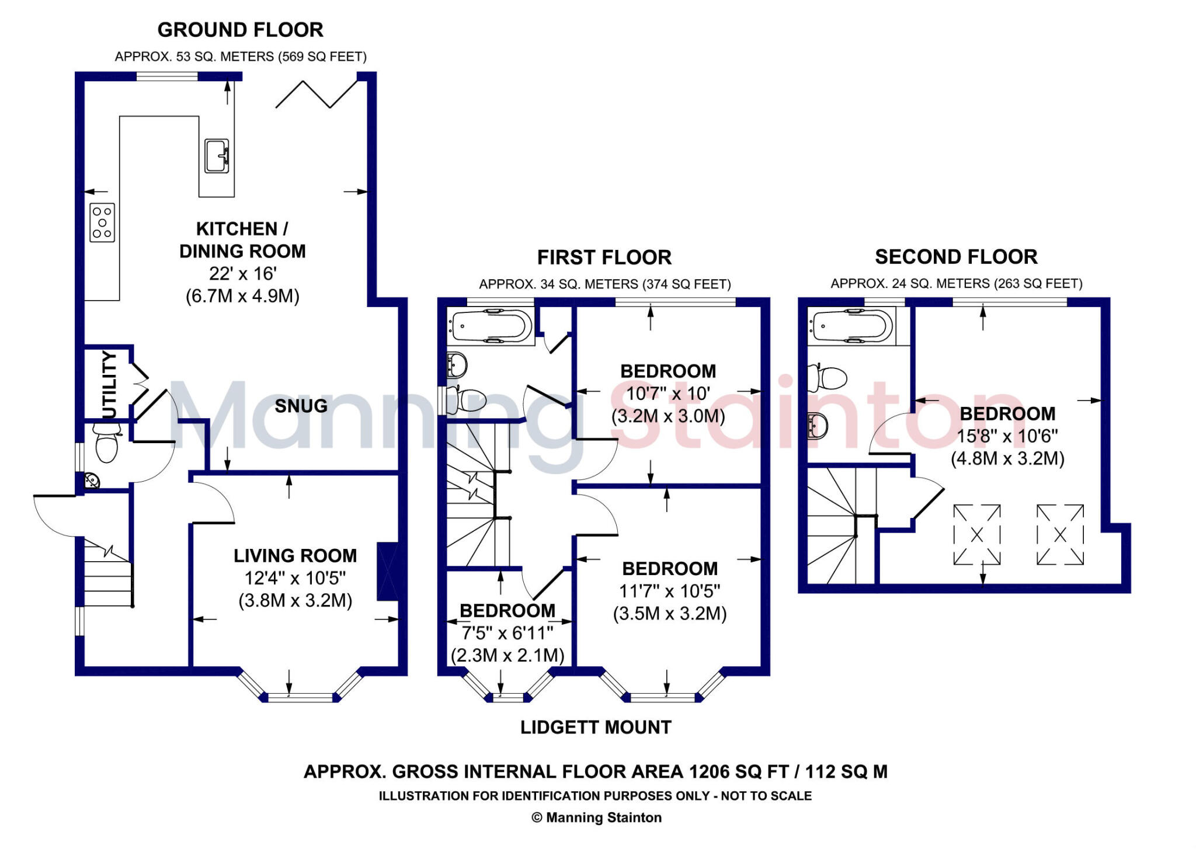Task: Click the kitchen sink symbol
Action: tap(217, 156)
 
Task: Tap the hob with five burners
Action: tap(102, 222)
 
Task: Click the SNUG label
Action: tap(301, 406)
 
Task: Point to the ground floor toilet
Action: tap(107, 443)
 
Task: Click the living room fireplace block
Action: tap(388, 572)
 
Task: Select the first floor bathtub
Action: tap(491, 327)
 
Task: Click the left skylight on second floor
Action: tap(977, 535)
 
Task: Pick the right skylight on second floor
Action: tap(1060, 535)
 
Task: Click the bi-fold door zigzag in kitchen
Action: tap(317, 95)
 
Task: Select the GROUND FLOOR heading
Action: tap(240, 30)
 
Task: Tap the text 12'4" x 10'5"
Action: tap(295, 578)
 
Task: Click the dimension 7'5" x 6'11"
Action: tap(507, 633)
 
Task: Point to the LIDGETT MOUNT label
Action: tap(596, 728)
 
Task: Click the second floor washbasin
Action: tap(818, 426)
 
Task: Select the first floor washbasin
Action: tap(457, 366)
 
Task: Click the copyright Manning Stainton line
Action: tap(596, 818)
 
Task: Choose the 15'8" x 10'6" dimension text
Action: tap(1007, 436)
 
